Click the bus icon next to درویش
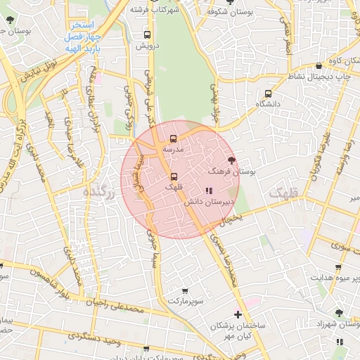pyautogui.click(x=148, y=34)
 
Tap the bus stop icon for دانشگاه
pyautogui.click(x=268, y=94)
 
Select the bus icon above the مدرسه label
pyautogui.click(x=173, y=139)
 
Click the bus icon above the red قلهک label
pyautogui.click(x=174, y=176)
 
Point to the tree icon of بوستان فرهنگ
pyautogui.click(x=231, y=160)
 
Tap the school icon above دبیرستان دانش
pyautogui.click(x=208, y=190)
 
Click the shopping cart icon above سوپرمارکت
pyautogui.click(x=186, y=290)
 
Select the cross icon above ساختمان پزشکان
pyautogui.click(x=238, y=314)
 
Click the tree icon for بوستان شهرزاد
pyautogui.click(x=340, y=312)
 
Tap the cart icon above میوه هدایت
pyautogui.click(x=339, y=267)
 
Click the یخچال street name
pyautogui.click(x=231, y=219)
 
